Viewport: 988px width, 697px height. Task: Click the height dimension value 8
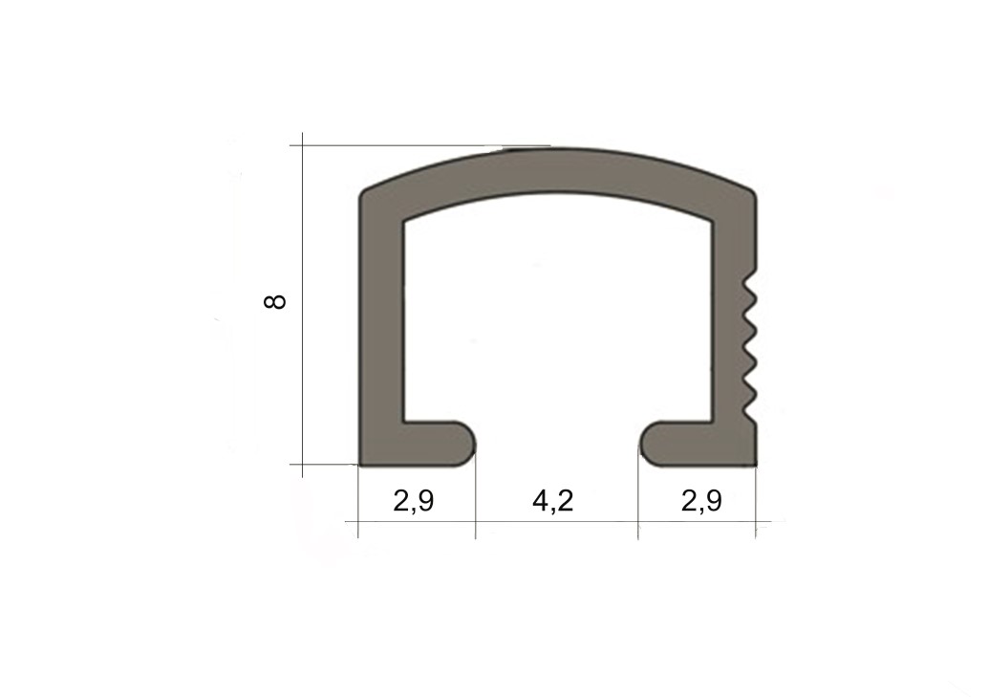pos(275,301)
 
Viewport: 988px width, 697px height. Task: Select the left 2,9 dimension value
pos(414,501)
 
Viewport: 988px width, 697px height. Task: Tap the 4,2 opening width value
pos(552,501)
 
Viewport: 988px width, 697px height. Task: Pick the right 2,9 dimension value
pos(701,501)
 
